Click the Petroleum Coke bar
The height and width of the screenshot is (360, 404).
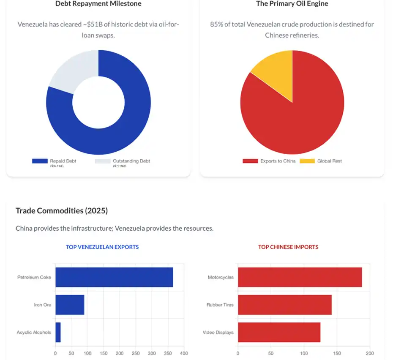(114, 277)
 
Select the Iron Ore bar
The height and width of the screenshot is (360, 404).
(70, 305)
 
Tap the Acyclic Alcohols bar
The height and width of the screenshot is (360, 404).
(58, 332)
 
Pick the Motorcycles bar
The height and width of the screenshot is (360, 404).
(300, 277)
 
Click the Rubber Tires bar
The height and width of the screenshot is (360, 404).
(284, 305)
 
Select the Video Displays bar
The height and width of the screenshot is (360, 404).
(279, 332)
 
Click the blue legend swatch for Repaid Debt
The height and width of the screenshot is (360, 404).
(40, 161)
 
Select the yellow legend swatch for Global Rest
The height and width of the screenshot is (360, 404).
(307, 161)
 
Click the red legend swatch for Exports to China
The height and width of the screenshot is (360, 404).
(250, 161)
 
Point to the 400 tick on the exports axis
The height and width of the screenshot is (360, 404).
(183, 353)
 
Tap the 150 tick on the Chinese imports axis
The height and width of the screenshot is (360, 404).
(337, 353)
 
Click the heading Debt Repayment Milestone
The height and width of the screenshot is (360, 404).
(98, 4)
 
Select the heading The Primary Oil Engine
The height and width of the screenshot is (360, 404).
(292, 4)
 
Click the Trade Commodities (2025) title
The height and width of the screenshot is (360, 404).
(62, 210)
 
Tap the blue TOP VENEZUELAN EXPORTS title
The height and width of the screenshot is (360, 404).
(102, 247)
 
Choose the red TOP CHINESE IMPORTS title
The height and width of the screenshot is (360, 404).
(288, 247)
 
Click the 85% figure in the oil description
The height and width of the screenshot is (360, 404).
(216, 25)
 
